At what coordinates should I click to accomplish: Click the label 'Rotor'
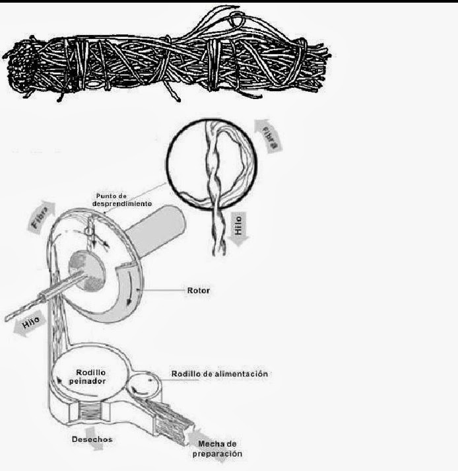click(198, 290)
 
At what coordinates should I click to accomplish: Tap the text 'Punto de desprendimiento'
click(123, 199)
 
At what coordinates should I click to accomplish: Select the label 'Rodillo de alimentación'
click(220, 374)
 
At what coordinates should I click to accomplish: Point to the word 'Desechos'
click(92, 438)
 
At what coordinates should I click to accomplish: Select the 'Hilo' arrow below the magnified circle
click(240, 226)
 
